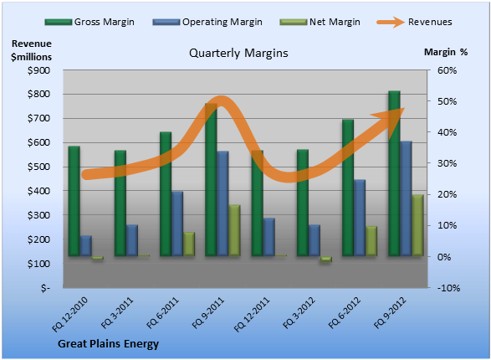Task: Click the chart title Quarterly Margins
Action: pyautogui.click(x=238, y=54)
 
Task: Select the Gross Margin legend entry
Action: pyautogui.click(x=90, y=22)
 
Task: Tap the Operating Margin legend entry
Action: pyautogui.click(x=207, y=22)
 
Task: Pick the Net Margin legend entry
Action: pyautogui.click(x=320, y=22)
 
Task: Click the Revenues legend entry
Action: pyautogui.click(x=414, y=22)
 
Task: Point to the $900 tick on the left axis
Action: pyautogui.click(x=38, y=70)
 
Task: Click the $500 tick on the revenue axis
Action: pyautogui.click(x=38, y=167)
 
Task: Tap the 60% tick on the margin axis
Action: pyautogui.click(x=447, y=70)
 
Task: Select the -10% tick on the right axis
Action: pyautogui.click(x=448, y=288)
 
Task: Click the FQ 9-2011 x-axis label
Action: pyautogui.click(x=208, y=313)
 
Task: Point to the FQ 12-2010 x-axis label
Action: pyautogui.click(x=69, y=314)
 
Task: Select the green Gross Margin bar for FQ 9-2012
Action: pyautogui.click(x=394, y=173)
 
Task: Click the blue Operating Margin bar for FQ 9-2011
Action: pyautogui.click(x=222, y=203)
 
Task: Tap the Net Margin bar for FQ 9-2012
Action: pyautogui.click(x=417, y=225)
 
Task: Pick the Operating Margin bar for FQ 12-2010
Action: pyautogui.click(x=85, y=246)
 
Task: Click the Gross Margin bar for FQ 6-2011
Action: pyautogui.click(x=166, y=194)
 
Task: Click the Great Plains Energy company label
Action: pyautogui.click(x=109, y=344)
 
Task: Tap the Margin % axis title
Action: pyautogui.click(x=446, y=52)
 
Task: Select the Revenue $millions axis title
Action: pyautogui.click(x=31, y=50)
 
